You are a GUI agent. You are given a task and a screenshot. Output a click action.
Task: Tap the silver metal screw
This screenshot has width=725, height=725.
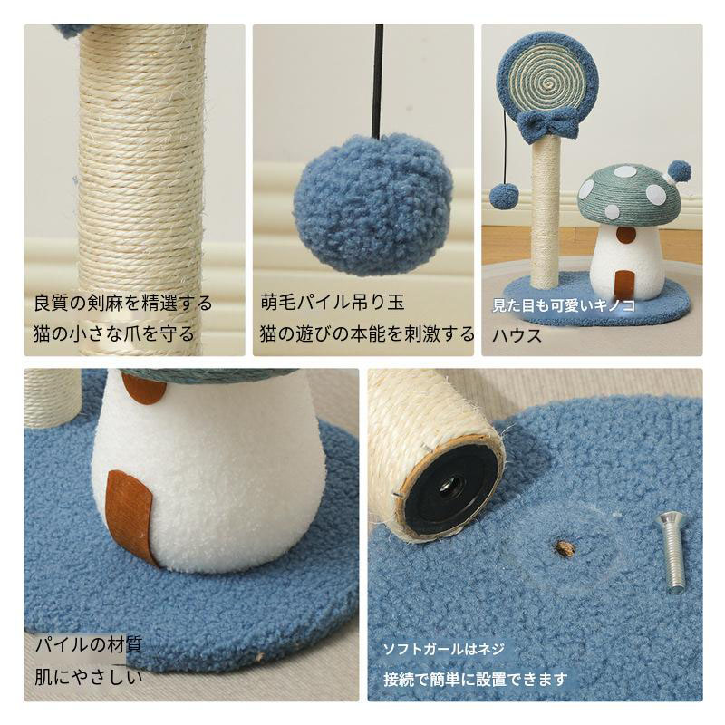point(672,552)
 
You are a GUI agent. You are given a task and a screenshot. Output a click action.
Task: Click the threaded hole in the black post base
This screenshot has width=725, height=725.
point(447,488)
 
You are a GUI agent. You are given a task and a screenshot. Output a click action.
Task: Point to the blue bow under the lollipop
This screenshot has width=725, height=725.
point(548,123)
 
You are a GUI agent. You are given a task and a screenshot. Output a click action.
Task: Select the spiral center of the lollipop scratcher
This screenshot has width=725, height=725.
point(548,84)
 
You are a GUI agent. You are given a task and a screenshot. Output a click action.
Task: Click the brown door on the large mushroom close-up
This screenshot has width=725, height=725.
point(130,517)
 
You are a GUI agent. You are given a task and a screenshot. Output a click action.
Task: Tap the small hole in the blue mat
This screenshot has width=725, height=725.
point(565,549)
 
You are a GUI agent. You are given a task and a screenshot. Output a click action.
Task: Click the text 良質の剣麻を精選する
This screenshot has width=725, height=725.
point(123,304)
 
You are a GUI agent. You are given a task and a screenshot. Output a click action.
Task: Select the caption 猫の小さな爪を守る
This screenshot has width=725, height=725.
point(114,333)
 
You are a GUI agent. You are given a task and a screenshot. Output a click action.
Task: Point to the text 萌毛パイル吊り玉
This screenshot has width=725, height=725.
point(332,303)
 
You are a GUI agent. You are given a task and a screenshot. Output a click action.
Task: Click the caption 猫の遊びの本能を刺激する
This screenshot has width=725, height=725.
point(367,333)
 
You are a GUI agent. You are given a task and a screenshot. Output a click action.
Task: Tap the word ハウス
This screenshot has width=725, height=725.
point(517,335)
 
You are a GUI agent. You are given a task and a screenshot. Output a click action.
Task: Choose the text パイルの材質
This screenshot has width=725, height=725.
point(88,644)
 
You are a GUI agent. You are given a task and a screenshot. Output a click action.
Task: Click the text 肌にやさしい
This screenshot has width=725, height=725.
point(88,677)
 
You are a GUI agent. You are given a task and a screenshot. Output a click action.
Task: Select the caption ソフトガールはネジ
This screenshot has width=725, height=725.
point(443,649)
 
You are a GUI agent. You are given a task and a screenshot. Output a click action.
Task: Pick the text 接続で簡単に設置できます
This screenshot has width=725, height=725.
point(475,679)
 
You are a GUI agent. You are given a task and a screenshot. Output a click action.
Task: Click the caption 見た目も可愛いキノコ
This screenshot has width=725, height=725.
point(563,305)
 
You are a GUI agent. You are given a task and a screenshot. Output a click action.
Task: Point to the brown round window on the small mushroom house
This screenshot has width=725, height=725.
point(626,236)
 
